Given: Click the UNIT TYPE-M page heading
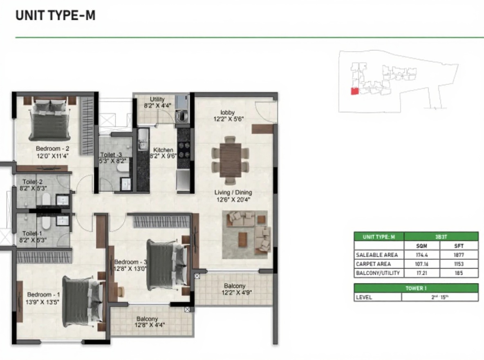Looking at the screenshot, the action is (56, 15).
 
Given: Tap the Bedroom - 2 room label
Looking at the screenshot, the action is (52, 148).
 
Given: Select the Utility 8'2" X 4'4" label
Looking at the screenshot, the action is (157, 102).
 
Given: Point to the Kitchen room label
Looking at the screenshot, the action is (163, 150).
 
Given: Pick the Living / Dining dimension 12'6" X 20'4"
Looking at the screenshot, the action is (233, 200).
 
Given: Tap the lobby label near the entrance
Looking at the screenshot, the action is (228, 112).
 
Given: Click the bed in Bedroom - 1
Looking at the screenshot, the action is (83, 301).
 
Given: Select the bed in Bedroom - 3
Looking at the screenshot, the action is (167, 265).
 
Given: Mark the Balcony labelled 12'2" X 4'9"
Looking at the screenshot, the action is (236, 289).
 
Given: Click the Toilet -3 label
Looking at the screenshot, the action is (111, 155).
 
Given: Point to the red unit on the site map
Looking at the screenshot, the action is (355, 91).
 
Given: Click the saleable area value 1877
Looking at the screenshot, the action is (459, 255).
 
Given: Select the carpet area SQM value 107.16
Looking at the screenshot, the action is (421, 264).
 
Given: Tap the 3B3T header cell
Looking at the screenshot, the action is (441, 237).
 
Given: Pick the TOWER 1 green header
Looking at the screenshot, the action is (416, 288).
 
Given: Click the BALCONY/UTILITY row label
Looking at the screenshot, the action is (378, 273).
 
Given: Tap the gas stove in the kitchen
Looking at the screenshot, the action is (184, 150).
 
